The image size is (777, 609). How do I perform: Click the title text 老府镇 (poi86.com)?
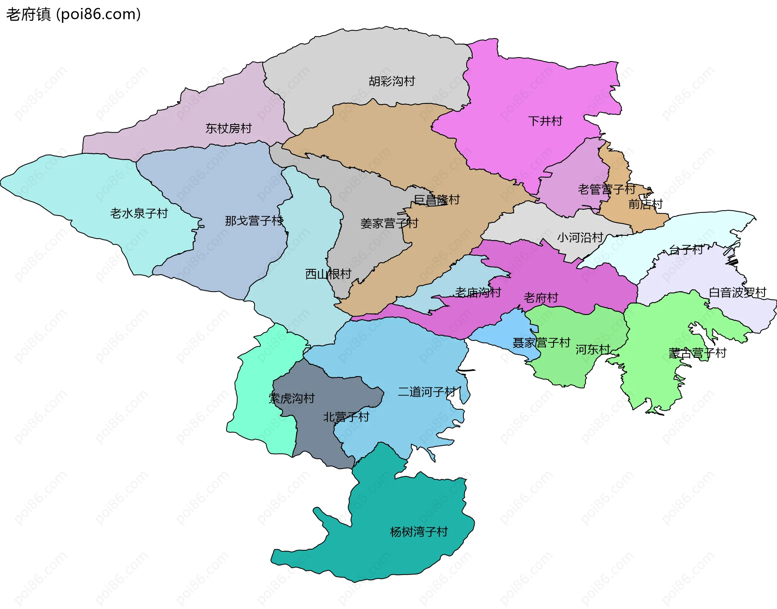pos(73,14)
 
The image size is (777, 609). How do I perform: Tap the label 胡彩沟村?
pos(392,81)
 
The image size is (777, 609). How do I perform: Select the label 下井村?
pos(545,121)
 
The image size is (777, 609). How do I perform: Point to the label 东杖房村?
pos(228,129)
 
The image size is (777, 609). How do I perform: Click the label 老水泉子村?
pos(139,213)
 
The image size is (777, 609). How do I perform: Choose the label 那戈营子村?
pos(254,221)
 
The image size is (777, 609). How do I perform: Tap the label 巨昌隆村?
pos(437,199)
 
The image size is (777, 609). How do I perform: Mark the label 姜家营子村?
pos(389,223)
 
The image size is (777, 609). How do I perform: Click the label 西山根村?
pos(328,274)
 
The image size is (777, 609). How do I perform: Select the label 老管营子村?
pos(606,189)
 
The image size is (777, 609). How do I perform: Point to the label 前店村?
pos(645,204)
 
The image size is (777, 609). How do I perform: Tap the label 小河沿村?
pos(580,237)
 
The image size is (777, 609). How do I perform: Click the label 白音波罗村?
pos(737,292)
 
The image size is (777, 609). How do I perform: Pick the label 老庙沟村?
pos(478,292)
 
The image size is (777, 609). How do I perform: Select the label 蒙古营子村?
pos(697,353)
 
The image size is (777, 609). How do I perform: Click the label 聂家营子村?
pos(541,343)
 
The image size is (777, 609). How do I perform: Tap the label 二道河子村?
pos(427,391)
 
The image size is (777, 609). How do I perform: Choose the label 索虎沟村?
pos(291,398)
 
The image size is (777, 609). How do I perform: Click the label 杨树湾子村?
pos(418,531)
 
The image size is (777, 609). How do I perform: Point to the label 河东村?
pos(592,349)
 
